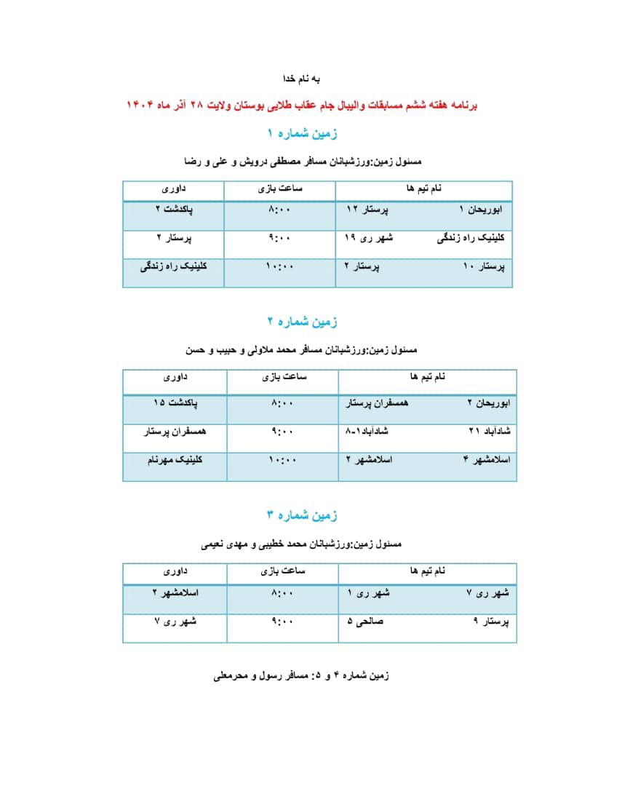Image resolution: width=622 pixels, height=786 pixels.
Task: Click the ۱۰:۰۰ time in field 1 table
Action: coord(280,266)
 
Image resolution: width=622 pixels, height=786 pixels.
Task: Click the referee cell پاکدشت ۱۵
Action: coord(175,402)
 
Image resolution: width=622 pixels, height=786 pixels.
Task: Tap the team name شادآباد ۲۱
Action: coord(491,431)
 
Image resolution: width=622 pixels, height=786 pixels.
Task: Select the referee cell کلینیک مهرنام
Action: coord(175,460)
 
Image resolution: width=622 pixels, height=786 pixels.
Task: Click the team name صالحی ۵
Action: coord(366,622)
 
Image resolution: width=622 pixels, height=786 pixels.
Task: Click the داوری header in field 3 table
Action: coord(175,571)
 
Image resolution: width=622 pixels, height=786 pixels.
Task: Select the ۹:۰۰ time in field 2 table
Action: coord(282,431)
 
